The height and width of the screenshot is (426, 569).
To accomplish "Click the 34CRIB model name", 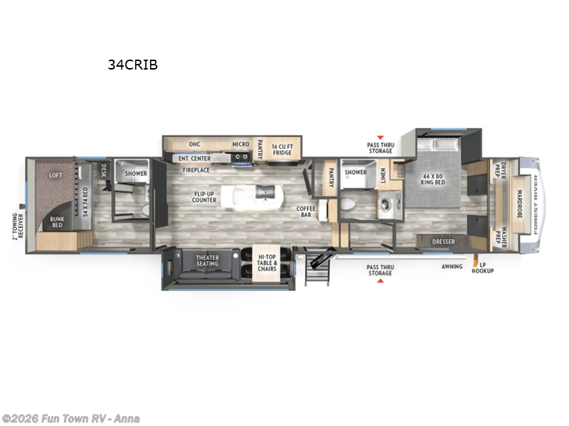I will coord(132,65).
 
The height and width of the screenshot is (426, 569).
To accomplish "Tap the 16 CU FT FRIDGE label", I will coord(282,148).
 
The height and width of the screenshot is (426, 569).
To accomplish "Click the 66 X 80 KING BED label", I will coord(434,179).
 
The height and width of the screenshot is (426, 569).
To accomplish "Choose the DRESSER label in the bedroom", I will coord(443,242).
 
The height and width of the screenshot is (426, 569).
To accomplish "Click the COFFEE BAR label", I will coord(306,211).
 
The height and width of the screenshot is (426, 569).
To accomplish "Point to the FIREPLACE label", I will coord(196,170).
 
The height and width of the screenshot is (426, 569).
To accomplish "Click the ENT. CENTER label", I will coord(194,158).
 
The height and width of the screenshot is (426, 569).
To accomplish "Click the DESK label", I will coord(103,170).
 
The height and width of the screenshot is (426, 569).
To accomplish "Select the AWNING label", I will coord(452,266).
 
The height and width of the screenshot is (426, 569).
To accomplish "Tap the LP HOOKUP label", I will coord(486,268).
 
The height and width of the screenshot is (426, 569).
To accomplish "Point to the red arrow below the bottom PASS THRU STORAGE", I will coord(380,282).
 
